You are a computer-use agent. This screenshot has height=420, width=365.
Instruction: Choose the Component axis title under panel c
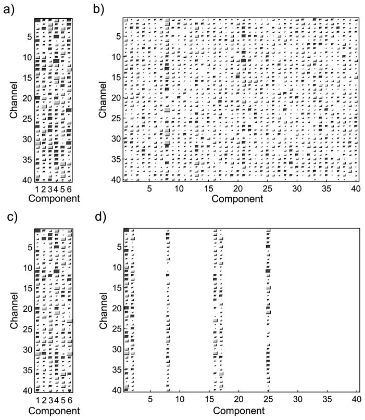point(54,411)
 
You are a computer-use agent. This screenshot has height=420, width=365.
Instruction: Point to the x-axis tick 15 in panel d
point(209,400)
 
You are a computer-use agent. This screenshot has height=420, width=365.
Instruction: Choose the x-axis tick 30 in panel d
point(297,400)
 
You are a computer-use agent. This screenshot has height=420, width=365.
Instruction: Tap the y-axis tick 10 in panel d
point(118,268)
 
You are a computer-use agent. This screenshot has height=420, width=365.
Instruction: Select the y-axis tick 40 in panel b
point(118,180)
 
